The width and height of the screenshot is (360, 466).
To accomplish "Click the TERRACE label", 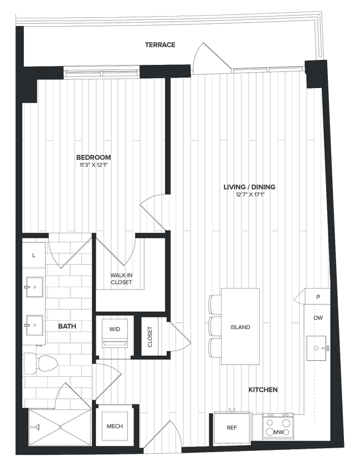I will (x=160, y=44).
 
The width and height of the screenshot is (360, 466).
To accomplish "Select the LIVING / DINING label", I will (x=249, y=187).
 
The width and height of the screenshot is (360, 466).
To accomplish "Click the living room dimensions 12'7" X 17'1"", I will (x=249, y=194).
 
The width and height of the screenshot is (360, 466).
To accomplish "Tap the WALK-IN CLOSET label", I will (x=121, y=278).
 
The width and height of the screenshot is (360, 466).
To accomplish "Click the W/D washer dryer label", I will (x=115, y=329).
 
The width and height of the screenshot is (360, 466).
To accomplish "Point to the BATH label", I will (x=67, y=327).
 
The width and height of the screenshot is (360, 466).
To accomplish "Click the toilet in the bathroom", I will (x=43, y=364).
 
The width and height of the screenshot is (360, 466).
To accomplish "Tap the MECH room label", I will (x=115, y=426).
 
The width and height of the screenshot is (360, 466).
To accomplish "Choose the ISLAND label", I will (x=240, y=327).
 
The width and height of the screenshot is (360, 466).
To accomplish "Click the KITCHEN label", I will (x=263, y=390).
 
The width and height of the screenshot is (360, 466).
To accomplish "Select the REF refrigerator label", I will (x=232, y=427).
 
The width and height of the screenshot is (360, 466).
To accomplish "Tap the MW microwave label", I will (x=280, y=432).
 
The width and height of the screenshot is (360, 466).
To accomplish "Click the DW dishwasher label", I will (x=318, y=318).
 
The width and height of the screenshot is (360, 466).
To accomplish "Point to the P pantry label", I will (x=318, y=296).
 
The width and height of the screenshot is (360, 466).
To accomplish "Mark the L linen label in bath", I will (x=34, y=255).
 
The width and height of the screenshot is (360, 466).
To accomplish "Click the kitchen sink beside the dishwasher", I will (x=317, y=348).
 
